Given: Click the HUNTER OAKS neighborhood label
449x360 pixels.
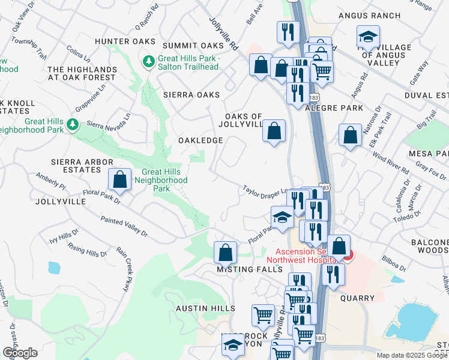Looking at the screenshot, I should tap(121, 41).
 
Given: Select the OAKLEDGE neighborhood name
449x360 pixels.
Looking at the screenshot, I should tap(200, 140).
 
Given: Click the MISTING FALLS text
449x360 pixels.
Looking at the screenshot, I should tap(249, 270).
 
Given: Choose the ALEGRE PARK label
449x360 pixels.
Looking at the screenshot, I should tap(334, 108).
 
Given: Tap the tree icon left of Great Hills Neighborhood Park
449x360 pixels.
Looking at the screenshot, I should tap(73, 125).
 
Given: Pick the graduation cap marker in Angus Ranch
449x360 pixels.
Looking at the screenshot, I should tap(368, 37).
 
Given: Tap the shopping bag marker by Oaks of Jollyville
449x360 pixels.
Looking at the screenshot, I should tap(274, 130).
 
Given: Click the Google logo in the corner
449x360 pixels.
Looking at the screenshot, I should tap(20, 353).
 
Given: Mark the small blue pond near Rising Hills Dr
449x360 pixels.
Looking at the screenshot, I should tap(54, 268).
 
